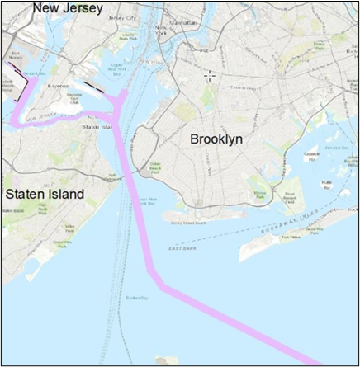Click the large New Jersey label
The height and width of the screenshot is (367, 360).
(x=68, y=9)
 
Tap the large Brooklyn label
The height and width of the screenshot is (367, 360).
(x=216, y=139)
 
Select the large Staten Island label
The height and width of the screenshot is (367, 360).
(x=45, y=195)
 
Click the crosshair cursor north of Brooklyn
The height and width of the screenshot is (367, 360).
(x=210, y=76)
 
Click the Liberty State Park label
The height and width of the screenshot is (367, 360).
(x=128, y=35)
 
